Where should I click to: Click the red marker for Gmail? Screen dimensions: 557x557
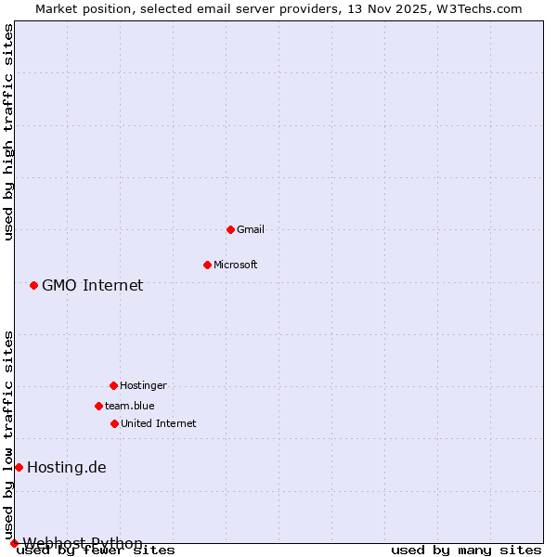tap(230, 229)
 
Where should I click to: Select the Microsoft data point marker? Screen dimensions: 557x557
tap(207, 265)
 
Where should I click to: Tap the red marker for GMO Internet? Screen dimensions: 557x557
tap(33, 285)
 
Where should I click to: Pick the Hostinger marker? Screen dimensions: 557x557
tap(113, 385)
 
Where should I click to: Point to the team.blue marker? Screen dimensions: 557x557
tap(98, 406)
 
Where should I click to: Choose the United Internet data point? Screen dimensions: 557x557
tap(114, 423)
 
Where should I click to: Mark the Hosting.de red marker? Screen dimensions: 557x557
tap(19, 467)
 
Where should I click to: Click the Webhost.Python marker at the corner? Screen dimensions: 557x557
tap(14, 543)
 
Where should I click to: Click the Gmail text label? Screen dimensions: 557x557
tap(251, 229)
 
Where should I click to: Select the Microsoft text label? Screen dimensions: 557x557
tap(236, 265)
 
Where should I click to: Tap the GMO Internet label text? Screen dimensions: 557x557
tap(92, 285)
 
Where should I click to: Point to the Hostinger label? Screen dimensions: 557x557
tap(143, 385)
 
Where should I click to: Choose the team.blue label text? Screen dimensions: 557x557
tap(130, 406)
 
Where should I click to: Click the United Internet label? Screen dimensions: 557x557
tap(158, 423)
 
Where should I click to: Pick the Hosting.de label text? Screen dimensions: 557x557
tap(66, 467)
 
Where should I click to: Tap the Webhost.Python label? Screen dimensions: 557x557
tap(83, 543)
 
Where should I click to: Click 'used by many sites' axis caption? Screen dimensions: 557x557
tap(466, 550)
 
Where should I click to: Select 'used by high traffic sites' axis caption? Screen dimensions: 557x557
tap(8, 132)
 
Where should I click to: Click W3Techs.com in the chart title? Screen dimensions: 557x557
tap(479, 8)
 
